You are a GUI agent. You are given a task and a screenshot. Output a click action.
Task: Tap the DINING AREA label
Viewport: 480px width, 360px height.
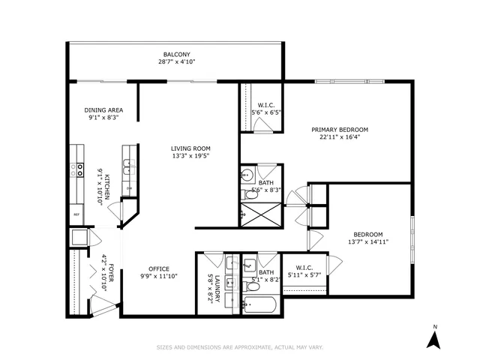click(103, 110)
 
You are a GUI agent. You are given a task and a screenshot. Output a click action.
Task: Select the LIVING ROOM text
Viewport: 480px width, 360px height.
click(190, 148)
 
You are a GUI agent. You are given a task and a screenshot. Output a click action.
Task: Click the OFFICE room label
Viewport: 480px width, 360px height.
click(158, 269)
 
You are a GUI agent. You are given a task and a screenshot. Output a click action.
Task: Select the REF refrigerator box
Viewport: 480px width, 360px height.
click(76, 214)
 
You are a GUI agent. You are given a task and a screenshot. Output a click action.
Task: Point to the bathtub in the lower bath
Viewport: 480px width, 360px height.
click(259, 305)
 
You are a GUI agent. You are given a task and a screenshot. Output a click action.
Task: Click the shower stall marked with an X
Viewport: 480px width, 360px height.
click(258, 213)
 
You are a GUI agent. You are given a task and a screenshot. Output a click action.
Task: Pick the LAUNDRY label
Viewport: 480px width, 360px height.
click(214, 286)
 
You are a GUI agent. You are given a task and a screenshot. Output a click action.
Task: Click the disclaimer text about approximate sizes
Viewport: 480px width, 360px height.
click(239, 347)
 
